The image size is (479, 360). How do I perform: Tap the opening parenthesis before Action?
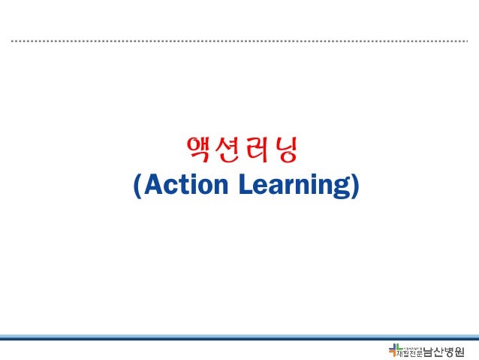(136, 186)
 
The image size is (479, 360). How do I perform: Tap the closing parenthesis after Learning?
(354, 186)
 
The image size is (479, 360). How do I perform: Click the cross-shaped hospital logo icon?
(395, 349)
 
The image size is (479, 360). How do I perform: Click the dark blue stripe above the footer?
(239, 339)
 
